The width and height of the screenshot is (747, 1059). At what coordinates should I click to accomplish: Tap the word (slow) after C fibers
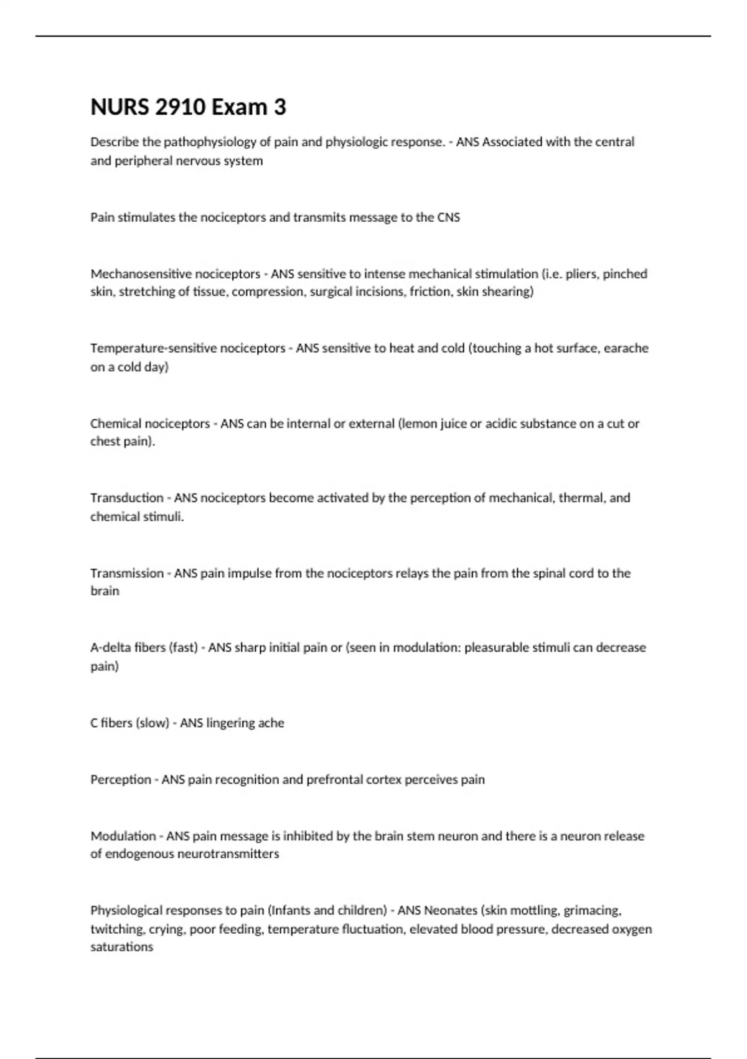153,723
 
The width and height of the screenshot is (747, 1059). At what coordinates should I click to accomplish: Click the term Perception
121,780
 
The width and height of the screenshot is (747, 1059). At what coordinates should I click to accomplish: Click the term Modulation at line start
123,836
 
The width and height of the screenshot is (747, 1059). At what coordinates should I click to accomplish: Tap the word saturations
121,947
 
